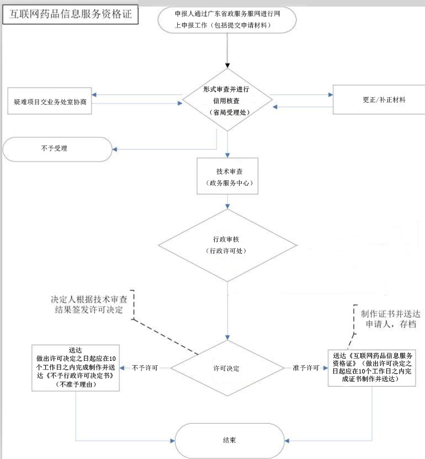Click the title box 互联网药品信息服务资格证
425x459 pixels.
(x=70, y=14)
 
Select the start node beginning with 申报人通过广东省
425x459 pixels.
(x=227, y=20)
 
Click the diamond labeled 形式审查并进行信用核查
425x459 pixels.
(x=227, y=100)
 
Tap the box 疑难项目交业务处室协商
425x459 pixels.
(x=50, y=101)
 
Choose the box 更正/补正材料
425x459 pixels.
(x=379, y=99)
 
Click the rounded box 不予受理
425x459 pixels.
(x=57, y=149)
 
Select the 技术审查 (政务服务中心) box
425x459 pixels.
(x=227, y=176)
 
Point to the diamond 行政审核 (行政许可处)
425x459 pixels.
(x=227, y=245)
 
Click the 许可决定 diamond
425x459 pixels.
(x=227, y=368)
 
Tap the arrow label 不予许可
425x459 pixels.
(x=145, y=367)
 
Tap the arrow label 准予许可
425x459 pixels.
(x=306, y=367)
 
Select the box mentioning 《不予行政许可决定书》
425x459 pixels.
(x=76, y=367)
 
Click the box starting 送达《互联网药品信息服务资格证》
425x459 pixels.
(x=371, y=367)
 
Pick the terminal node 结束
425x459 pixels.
(x=230, y=441)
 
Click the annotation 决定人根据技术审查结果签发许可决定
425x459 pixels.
(x=89, y=305)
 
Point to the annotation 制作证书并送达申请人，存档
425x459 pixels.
(x=391, y=319)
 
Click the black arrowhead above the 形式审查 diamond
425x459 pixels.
(x=227, y=66)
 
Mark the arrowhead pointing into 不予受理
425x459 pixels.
(x=115, y=150)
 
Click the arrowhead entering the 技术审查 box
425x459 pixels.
(x=227, y=155)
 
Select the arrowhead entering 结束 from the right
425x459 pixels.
(x=287, y=441)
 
